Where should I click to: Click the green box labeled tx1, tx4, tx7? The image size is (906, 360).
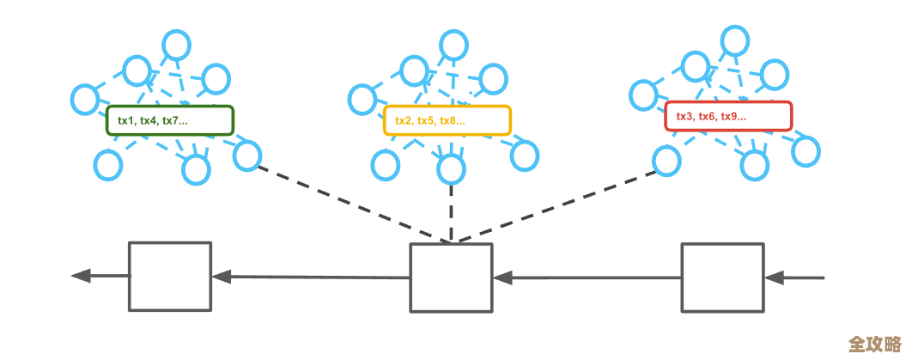[170, 120]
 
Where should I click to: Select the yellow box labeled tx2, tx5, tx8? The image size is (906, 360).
[447, 120]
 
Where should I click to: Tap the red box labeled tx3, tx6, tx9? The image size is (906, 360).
[728, 116]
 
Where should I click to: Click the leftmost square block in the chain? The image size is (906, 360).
[170, 276]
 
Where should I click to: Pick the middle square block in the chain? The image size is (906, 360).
[451, 278]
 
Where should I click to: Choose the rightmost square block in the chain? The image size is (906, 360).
[722, 277]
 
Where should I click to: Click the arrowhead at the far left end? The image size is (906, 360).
[81, 276]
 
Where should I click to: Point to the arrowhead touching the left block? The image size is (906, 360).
[222, 277]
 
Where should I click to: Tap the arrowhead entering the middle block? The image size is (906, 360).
[502, 278]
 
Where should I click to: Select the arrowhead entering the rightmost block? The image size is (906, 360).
[774, 278]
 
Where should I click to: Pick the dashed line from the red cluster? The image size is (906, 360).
[558, 206]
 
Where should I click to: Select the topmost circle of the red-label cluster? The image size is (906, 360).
[734, 38]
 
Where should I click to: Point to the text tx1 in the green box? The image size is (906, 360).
[127, 121]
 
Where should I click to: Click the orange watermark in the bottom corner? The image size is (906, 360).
[874, 344]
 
